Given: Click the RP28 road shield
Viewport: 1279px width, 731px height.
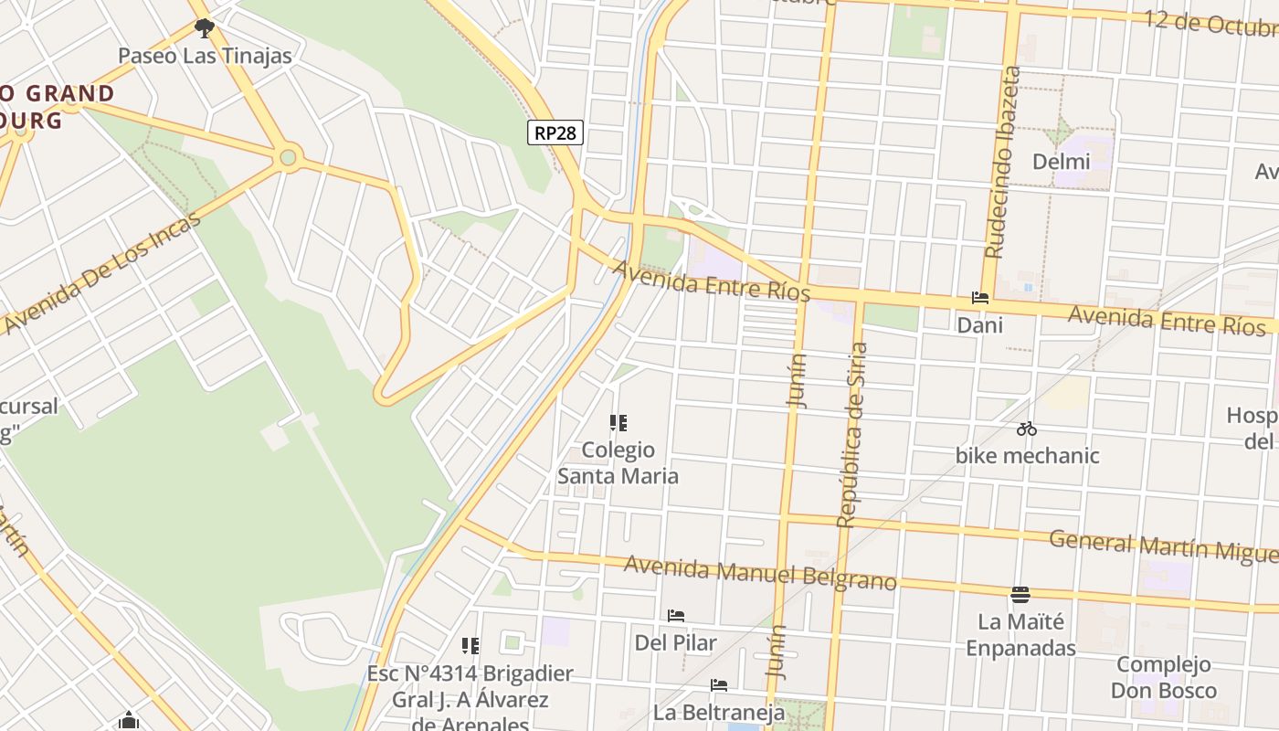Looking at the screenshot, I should (555, 132).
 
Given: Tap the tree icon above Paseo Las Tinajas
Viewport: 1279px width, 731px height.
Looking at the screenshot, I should (205, 28).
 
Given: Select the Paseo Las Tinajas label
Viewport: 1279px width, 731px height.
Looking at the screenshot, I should (205, 56).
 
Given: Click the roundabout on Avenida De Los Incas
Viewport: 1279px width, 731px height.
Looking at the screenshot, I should (289, 158).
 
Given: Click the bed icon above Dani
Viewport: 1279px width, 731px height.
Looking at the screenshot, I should (980, 298).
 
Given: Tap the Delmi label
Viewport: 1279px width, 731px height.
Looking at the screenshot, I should (1061, 162).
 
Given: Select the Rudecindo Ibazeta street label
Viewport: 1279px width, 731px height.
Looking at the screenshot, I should (1001, 163).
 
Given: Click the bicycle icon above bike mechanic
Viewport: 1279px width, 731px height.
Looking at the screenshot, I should (1027, 428).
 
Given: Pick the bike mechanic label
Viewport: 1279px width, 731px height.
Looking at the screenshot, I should (1027, 455).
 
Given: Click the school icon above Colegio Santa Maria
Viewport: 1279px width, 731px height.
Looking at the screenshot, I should (618, 422).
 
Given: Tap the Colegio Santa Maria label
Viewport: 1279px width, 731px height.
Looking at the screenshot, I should (618, 462).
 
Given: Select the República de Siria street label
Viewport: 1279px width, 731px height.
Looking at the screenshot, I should (851, 435).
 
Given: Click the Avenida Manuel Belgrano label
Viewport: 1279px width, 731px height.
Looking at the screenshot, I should (760, 572).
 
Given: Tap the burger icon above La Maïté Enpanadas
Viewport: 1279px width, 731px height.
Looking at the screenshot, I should (1020, 595).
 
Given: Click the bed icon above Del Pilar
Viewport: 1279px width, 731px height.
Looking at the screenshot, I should (676, 615).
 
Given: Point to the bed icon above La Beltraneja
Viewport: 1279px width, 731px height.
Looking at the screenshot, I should (719, 684).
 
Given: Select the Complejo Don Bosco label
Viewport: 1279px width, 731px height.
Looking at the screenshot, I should (1163, 677).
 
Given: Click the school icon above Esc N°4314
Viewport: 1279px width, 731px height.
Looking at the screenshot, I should (470, 646).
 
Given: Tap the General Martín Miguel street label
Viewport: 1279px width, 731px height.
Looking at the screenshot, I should (1162, 546).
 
